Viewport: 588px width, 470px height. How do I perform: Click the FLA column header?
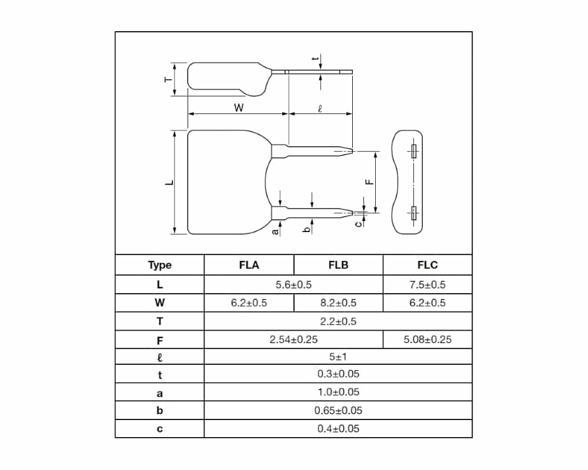coord(249,265)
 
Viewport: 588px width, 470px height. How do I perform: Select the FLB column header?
coord(338,265)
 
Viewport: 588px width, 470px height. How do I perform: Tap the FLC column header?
coord(427,265)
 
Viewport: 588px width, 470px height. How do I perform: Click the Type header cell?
coord(159,265)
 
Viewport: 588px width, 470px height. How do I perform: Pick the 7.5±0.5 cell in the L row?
coord(427,285)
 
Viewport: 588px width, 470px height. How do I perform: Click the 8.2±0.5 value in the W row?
coord(338,303)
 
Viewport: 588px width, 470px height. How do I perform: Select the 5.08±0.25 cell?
coord(427,340)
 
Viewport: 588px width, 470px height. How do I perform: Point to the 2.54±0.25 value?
coord(293,340)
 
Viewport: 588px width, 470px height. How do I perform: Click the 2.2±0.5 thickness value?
coord(338,321)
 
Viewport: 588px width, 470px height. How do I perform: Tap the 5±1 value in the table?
coord(338,357)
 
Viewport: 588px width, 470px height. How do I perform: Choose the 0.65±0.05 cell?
coord(338,411)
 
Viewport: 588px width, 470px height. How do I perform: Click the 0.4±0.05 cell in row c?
coord(338,428)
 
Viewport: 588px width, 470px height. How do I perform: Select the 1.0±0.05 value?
coord(338,392)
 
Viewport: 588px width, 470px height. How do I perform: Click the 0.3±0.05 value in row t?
coord(338,374)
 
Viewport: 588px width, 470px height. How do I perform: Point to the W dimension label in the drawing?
coord(238,108)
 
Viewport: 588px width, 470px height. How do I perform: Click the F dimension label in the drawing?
coord(369,182)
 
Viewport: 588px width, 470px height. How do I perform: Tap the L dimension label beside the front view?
coord(169,183)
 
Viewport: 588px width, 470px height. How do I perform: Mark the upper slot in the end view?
coord(413,152)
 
